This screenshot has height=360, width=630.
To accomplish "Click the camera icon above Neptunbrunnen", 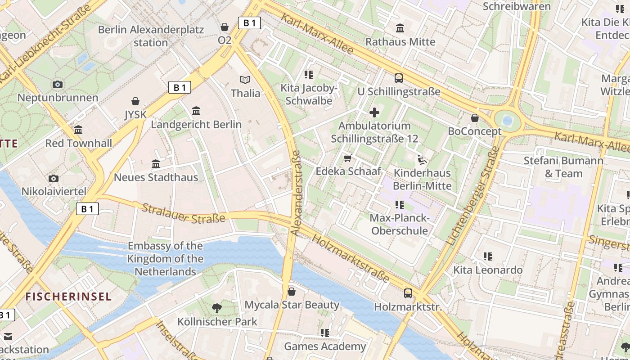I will (x=57, y=84).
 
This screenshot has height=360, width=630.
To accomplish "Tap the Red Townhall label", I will (x=79, y=144).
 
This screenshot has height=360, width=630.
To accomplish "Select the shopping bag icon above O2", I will (x=225, y=27).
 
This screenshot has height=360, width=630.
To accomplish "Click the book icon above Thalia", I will (x=245, y=80).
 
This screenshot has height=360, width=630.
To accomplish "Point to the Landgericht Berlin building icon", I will (x=196, y=111).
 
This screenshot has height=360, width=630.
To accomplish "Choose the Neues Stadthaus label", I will (x=156, y=177).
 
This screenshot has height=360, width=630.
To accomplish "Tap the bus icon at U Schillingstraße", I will (x=399, y=78).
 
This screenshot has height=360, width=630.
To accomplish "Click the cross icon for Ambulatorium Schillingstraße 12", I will (x=374, y=112).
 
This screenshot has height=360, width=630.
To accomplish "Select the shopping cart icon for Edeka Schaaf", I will (x=348, y=158).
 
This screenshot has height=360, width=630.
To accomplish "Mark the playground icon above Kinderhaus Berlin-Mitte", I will (x=422, y=159).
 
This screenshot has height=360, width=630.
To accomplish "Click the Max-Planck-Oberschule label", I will (x=399, y=225).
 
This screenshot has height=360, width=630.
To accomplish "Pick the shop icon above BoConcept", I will (x=474, y=118).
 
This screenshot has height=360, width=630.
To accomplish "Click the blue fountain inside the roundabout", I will (x=508, y=121).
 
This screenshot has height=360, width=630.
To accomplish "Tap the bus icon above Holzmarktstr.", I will (x=408, y=293).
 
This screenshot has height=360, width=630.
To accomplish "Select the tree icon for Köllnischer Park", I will (x=217, y=308).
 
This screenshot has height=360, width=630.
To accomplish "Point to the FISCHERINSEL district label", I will (x=68, y=297).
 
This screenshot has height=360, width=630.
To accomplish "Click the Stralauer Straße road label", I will (x=184, y=213).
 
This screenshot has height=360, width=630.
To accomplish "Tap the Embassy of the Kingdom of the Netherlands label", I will (x=165, y=259).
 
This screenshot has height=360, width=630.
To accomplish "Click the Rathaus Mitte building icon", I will (x=400, y=28).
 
